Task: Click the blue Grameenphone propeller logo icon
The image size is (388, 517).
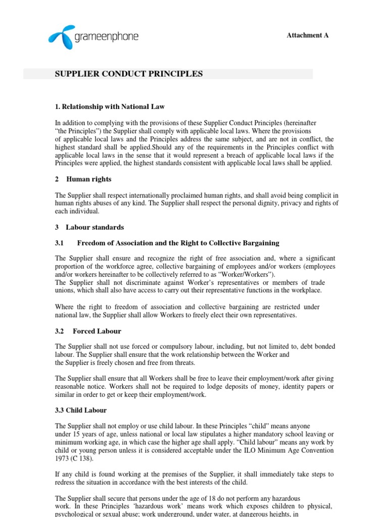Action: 62,34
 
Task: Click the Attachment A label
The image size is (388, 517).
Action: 308,35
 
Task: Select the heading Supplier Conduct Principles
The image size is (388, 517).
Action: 128,74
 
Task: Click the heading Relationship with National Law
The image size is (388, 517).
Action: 110,107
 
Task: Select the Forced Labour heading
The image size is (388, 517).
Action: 96,331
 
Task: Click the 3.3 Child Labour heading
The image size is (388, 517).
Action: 81,410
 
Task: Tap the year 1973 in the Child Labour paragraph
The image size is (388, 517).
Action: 63,458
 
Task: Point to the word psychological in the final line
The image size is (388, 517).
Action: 74,514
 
